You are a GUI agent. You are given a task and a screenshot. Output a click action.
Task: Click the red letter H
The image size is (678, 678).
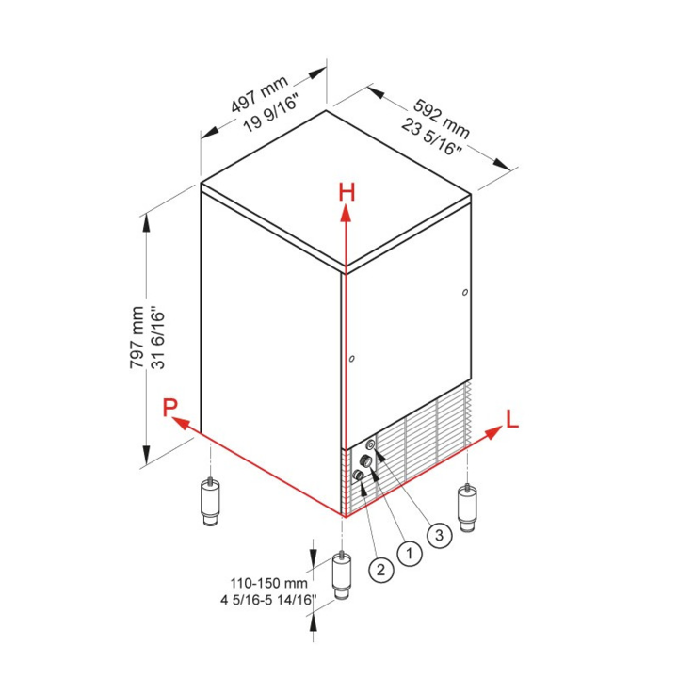347,192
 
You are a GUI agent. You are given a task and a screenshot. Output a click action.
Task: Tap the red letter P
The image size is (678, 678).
169,408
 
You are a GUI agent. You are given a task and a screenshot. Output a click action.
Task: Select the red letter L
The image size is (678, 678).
512,419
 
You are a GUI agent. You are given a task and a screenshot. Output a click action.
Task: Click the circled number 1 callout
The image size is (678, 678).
409,553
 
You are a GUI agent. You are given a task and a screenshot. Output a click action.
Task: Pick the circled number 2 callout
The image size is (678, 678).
381,570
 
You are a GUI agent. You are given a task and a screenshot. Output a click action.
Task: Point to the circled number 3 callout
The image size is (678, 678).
440,535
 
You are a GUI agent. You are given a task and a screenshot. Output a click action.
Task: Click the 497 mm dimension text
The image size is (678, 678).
259,94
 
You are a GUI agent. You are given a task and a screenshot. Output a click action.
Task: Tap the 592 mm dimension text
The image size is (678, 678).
442,118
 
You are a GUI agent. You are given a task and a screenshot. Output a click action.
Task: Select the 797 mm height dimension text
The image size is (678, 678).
137,337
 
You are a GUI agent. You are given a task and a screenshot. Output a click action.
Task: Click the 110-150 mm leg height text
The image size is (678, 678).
268,583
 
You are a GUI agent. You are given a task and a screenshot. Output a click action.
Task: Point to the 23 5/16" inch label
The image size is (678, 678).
431,137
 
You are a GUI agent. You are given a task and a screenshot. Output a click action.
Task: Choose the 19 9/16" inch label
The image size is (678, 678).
271,114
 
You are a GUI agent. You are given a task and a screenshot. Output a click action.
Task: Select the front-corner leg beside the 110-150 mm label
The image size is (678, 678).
342,575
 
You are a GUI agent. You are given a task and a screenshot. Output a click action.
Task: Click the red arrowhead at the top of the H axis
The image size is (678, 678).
346,213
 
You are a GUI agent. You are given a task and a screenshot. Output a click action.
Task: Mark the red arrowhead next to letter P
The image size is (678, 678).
182,423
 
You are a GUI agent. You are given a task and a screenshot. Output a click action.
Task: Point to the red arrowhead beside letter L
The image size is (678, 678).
493,432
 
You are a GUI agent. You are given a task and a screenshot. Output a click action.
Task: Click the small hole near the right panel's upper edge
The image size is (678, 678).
465,292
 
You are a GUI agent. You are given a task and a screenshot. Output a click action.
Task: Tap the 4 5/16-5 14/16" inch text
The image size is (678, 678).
268,600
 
